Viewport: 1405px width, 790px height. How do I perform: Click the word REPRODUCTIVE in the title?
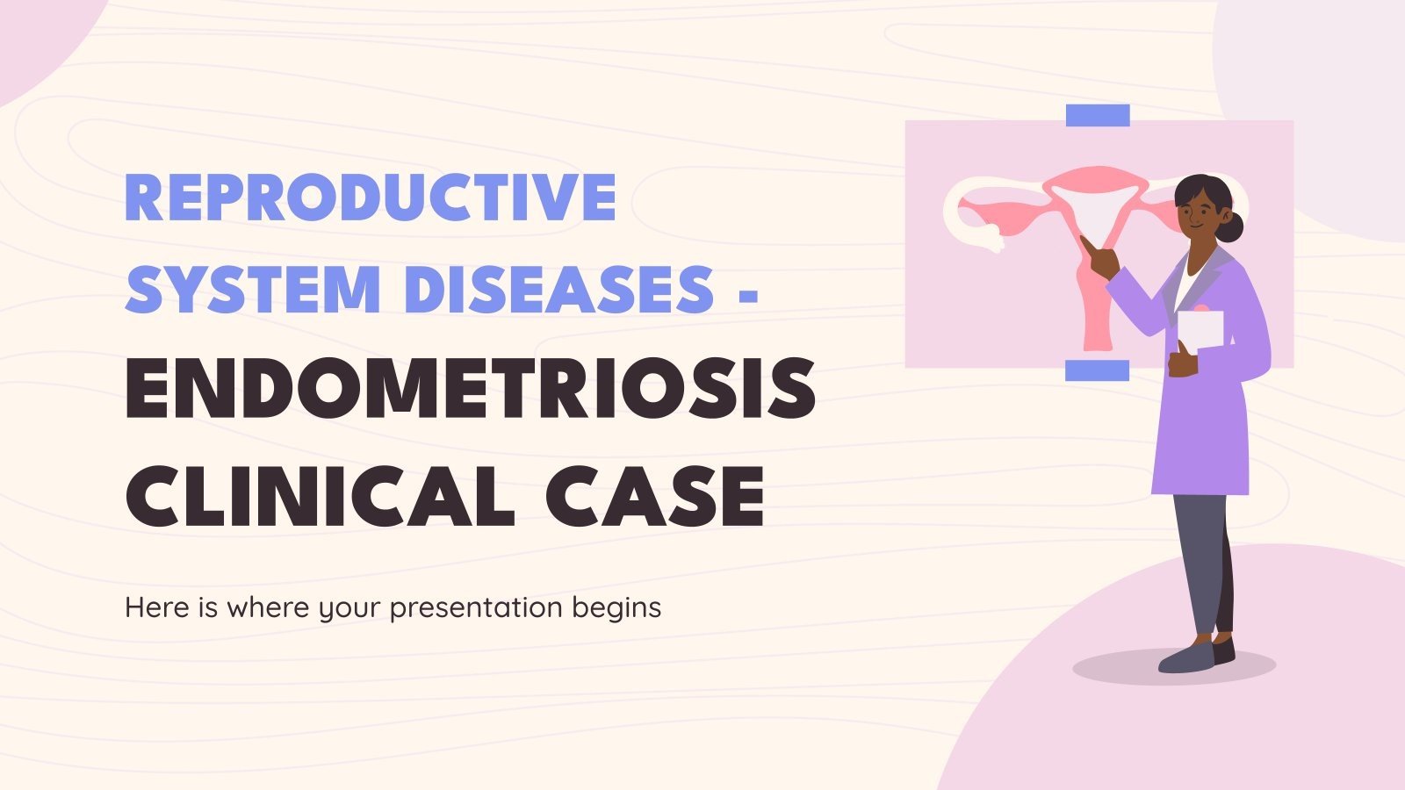tap(371, 197)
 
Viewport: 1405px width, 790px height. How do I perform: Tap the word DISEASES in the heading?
tap(558, 289)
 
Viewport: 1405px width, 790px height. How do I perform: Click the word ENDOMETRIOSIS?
tap(471, 389)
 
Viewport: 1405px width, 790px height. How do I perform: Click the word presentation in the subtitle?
tap(475, 607)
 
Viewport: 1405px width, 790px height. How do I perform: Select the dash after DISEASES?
tap(748, 291)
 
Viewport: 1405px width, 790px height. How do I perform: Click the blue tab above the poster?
tap(1098, 115)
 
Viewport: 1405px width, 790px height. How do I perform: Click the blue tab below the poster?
tap(1097, 370)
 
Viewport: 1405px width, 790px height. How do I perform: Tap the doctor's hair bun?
tap(1233, 228)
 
